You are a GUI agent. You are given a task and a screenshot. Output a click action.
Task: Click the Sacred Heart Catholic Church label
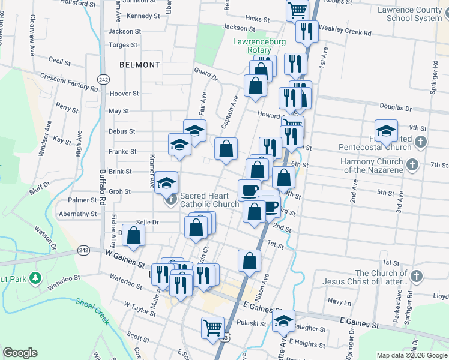(210, 200)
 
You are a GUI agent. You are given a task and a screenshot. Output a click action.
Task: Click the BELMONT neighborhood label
(140, 65)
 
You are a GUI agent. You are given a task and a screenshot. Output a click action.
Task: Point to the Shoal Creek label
(93, 310)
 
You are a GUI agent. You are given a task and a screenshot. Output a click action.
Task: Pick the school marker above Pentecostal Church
(387, 130)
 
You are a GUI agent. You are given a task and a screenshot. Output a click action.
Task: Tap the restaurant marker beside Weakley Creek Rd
(307, 31)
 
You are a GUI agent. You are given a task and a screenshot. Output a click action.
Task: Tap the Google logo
(20, 352)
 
